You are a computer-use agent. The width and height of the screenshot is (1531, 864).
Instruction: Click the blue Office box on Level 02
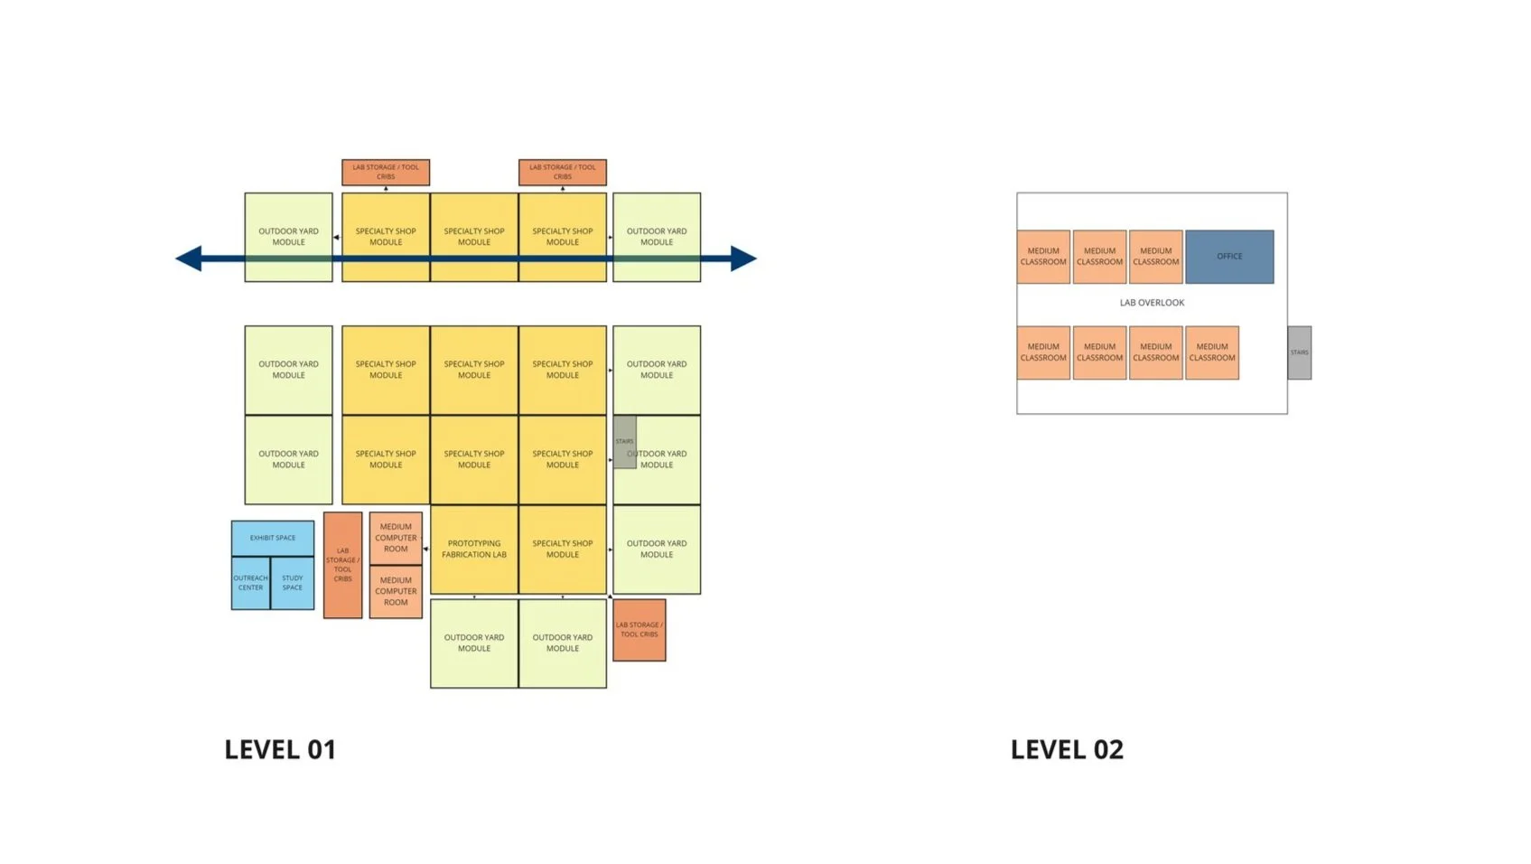pyautogui.click(x=1228, y=257)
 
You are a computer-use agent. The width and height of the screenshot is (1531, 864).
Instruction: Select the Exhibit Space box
pyautogui.click(x=272, y=538)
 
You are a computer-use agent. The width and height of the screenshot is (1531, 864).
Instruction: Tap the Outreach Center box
pyautogui.click(x=250, y=583)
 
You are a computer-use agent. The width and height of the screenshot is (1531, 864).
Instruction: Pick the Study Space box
pyautogui.click(x=292, y=583)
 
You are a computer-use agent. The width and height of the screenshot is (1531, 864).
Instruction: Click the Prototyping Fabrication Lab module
pyautogui.click(x=473, y=549)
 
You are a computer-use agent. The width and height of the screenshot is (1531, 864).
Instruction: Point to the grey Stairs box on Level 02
pyautogui.click(x=1299, y=352)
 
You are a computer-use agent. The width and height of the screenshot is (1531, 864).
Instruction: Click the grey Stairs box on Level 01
pyautogui.click(x=624, y=442)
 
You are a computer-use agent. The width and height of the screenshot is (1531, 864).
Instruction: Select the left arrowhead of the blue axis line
pyautogui.click(x=189, y=258)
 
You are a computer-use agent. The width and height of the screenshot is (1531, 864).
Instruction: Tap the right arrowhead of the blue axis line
pyautogui.click(x=742, y=258)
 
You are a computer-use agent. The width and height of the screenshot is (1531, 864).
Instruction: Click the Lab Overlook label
pyautogui.click(x=1152, y=303)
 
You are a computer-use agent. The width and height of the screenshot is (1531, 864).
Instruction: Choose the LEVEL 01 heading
pyautogui.click(x=280, y=749)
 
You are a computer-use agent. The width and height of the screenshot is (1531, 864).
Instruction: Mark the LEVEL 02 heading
pyautogui.click(x=1067, y=749)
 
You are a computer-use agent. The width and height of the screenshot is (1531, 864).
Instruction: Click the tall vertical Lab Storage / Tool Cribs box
pyautogui.click(x=342, y=565)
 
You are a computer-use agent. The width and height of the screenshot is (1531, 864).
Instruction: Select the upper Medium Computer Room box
pyautogui.click(x=396, y=538)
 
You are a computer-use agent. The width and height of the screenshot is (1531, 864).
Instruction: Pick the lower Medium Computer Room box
pyautogui.click(x=396, y=591)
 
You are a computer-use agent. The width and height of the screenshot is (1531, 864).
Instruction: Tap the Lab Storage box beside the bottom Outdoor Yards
pyautogui.click(x=639, y=630)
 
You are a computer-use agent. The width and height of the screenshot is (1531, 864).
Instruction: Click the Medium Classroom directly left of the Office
pyautogui.click(x=1155, y=257)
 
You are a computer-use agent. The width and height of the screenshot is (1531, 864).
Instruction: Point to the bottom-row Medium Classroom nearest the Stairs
pyautogui.click(x=1211, y=352)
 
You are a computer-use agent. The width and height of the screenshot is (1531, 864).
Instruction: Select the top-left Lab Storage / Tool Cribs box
pyautogui.click(x=386, y=172)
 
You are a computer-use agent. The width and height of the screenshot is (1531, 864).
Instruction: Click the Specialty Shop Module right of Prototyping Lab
pyautogui.click(x=562, y=549)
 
